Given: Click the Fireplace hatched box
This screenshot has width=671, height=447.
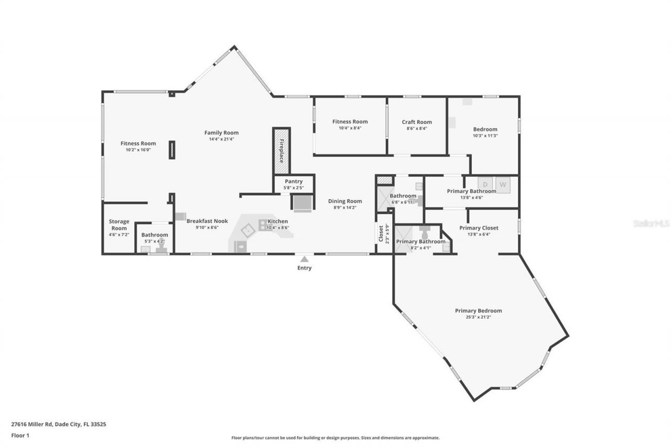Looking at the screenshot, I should tap(281, 151).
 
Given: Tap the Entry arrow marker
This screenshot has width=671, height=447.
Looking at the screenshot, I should tap(304, 259).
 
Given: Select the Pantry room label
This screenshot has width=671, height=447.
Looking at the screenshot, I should tap(294, 181).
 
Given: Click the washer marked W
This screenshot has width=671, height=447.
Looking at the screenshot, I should tap(503, 184).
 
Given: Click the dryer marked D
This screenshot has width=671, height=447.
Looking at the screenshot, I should tap(485, 184).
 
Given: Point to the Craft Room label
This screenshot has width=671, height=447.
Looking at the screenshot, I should tap(417, 122).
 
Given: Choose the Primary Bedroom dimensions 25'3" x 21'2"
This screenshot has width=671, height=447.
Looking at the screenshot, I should tap(478, 317).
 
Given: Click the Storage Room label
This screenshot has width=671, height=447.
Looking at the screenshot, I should tap(119, 225).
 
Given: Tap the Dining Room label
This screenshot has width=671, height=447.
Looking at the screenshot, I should tap(345, 201).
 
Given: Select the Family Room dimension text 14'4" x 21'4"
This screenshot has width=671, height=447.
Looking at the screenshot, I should tap(221, 139).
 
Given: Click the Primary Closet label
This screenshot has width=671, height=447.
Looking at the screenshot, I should tap(479, 228).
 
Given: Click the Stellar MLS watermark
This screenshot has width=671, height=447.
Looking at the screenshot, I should tap(651, 223).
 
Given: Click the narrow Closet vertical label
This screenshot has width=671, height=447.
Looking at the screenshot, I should tap(381, 233).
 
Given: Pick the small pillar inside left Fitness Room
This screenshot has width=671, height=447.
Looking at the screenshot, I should tap(171, 150).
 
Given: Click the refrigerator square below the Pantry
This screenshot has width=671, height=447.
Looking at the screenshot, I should tap(301, 203).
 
